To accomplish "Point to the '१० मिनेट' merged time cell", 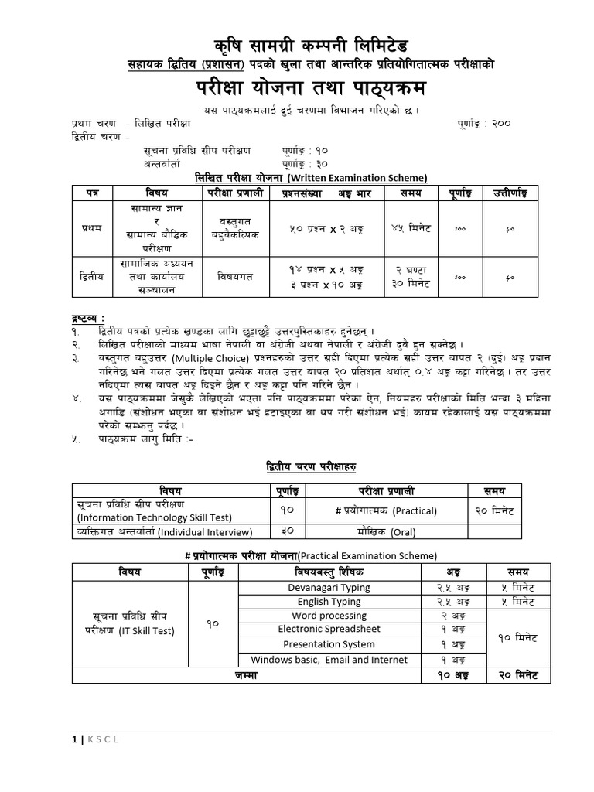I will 517,638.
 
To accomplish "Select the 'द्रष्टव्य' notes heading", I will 87,319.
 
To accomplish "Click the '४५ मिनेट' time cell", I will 405,230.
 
